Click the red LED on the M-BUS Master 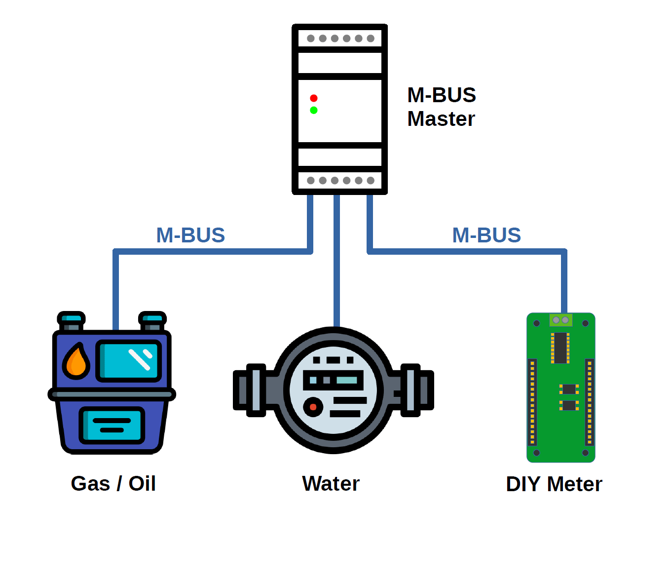313,98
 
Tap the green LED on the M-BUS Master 313,110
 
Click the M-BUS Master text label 441,107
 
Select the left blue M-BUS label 190,235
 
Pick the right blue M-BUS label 486,235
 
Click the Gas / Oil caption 113,483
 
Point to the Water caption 331,483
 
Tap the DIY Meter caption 554,484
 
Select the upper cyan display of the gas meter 129,360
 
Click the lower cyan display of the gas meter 112,425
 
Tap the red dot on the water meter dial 313,407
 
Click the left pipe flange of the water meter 256,390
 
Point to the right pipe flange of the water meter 410,390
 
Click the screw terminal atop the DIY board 560,320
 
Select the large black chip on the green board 560,348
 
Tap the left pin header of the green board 532,402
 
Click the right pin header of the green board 589,402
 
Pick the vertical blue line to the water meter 336,262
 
